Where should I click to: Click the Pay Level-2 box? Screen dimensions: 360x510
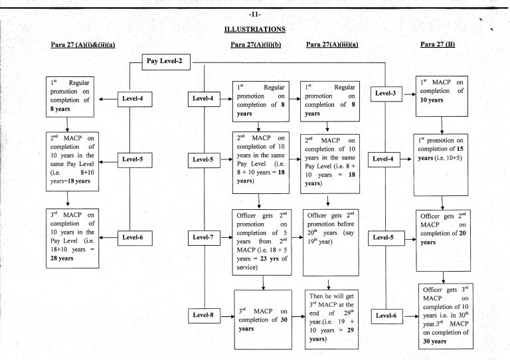click(167, 62)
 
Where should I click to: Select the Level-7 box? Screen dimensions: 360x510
click(203, 236)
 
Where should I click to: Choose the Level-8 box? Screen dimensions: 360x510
click(203, 314)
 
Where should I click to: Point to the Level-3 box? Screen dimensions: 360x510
click(385, 94)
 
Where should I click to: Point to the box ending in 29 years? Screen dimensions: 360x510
click(331, 319)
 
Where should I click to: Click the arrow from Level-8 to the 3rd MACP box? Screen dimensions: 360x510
click(227, 314)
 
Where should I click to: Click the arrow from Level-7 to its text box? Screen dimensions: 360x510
click(227, 236)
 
